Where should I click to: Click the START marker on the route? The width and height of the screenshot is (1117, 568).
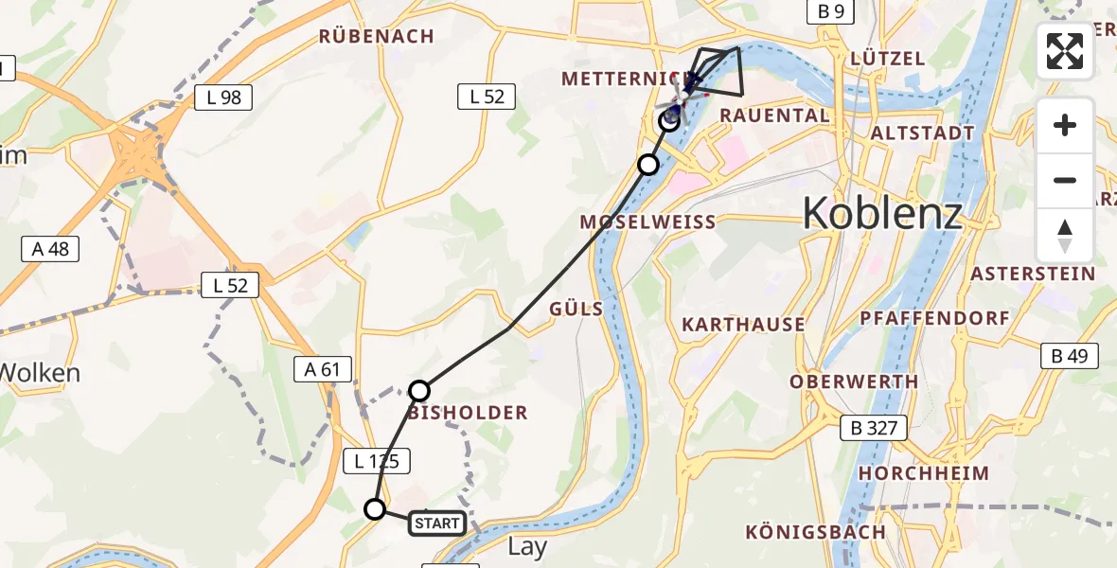point(437,523)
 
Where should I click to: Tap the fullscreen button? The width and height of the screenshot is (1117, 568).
point(1065,51)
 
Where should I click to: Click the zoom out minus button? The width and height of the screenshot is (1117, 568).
point(1065,180)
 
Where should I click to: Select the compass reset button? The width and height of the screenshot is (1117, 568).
point(1065,235)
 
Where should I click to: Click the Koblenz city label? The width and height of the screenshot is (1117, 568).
point(882,214)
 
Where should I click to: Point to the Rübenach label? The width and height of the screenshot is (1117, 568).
point(377,37)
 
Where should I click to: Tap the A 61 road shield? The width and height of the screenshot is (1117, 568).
point(322,369)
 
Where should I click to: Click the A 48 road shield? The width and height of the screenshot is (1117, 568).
point(49,249)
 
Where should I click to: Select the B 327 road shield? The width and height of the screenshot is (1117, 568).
point(874,428)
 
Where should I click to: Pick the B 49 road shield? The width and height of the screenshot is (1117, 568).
point(1070,356)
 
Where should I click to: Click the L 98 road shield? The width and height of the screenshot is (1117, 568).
point(223,97)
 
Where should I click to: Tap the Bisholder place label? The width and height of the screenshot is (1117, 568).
point(468,414)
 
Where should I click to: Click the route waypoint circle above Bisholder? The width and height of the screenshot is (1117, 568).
point(419,390)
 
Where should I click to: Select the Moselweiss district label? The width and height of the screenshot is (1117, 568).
point(648,222)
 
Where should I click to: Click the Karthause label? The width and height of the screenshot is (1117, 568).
point(744,325)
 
